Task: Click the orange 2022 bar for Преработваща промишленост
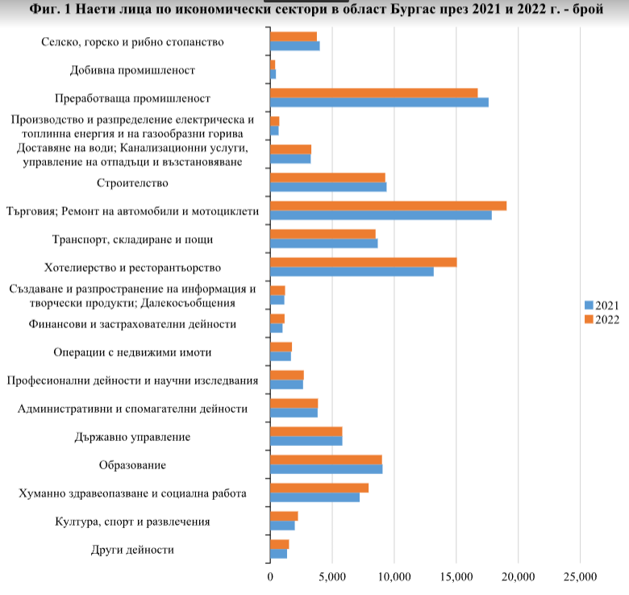374,93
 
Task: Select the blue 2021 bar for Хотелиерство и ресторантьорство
352,272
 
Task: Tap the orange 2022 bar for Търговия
389,206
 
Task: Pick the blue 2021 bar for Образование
326,469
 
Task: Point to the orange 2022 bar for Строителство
327,177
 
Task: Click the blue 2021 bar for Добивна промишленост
273,74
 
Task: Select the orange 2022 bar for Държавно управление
306,431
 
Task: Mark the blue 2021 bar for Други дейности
278,554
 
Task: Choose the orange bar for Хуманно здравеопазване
319,488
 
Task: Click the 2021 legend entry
602,306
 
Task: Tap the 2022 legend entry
602,319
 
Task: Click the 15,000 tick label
456,577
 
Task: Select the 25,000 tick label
580,577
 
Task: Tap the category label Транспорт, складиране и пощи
132,239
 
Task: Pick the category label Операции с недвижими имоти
132,352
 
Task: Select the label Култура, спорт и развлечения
132,522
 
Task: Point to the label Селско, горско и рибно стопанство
132,42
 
